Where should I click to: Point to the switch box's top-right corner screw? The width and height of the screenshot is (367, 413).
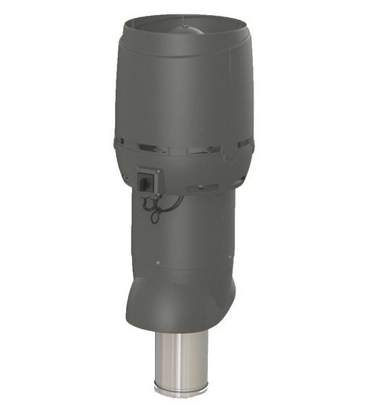tap(158, 171)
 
